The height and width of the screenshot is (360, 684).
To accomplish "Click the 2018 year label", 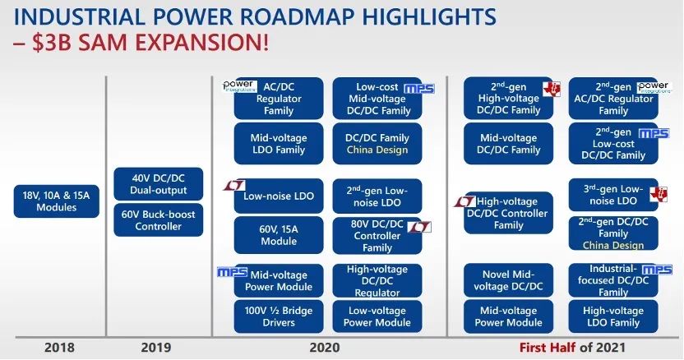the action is tap(59, 348).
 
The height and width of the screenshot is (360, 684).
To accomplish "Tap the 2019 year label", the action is tap(156, 348).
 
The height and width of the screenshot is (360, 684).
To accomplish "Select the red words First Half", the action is tap(548, 348).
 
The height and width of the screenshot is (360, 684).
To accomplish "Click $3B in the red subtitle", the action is tap(52, 43).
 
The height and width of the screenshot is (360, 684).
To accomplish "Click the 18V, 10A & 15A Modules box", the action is tap(56, 201).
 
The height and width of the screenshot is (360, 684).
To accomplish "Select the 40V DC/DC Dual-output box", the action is tap(159, 184).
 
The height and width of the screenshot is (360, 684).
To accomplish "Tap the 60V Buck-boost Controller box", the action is tap(159, 220).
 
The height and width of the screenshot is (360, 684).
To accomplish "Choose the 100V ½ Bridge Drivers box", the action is tap(279, 316).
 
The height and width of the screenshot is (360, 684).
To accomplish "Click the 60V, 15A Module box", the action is tap(279, 235).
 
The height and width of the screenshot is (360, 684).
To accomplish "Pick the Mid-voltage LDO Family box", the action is tap(279, 144).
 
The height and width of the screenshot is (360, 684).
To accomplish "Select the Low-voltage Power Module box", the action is tap(377, 316).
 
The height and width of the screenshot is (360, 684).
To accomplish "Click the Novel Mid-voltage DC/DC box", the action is tap(508, 280).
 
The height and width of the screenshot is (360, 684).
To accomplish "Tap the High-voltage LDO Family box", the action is tap(613, 316).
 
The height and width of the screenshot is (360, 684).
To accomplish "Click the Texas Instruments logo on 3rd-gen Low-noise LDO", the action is tap(659, 194).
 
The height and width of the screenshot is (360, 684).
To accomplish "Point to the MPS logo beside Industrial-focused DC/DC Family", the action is tap(657, 270).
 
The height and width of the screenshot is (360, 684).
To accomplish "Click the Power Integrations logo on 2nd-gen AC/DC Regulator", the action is tap(654, 87).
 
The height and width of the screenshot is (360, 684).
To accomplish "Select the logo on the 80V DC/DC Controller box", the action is tap(419, 227).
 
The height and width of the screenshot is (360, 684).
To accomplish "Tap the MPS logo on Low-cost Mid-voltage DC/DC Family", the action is tap(419, 89).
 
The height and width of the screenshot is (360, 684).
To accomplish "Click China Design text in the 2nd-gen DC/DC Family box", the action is tap(613, 245).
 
